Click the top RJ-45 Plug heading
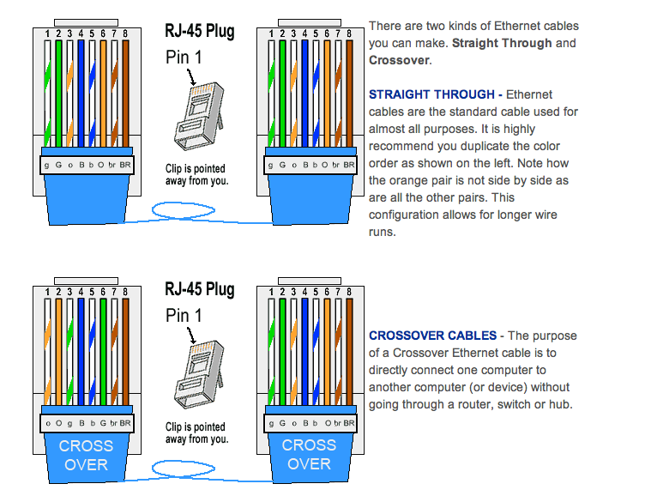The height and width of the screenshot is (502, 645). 199,32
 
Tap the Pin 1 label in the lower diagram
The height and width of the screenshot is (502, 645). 184,316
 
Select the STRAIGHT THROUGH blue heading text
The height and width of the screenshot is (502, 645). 434,94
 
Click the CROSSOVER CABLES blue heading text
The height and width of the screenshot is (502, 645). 432,336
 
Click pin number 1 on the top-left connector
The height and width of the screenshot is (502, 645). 47,34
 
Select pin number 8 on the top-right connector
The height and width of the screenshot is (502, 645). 347,34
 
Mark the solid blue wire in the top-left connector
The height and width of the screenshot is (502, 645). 81,86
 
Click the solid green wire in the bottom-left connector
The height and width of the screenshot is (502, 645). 103,343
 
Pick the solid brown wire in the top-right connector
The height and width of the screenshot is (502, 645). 347,86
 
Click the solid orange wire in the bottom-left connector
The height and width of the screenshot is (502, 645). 58,343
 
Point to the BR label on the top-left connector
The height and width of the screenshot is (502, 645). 124,163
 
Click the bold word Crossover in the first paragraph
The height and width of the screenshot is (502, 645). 395,61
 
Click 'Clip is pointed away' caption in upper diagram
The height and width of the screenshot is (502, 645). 197,175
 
